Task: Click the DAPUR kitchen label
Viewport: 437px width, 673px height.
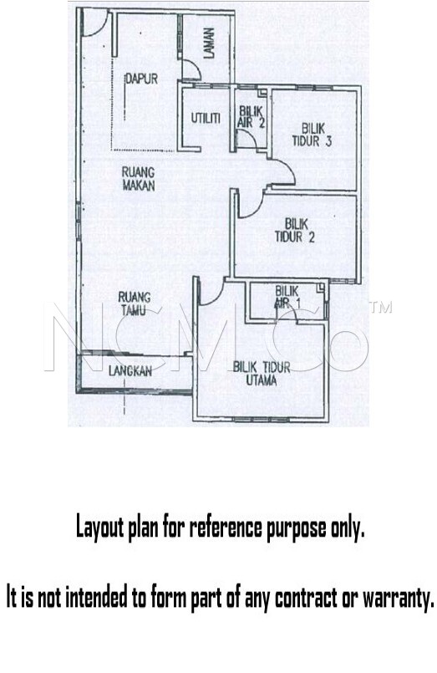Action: (x=141, y=79)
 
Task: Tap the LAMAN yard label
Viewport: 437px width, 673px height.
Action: (x=209, y=43)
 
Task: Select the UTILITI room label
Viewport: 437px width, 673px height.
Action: (x=206, y=118)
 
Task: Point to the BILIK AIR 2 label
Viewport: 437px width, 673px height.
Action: (x=251, y=118)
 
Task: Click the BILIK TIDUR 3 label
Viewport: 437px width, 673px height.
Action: (x=312, y=135)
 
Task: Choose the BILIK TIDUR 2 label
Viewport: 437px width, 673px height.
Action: (x=295, y=230)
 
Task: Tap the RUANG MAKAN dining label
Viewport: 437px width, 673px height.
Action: (x=139, y=179)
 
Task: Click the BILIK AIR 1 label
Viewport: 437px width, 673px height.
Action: (x=287, y=297)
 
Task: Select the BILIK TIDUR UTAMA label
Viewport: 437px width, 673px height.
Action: (x=262, y=374)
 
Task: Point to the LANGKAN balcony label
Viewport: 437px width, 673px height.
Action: (x=130, y=371)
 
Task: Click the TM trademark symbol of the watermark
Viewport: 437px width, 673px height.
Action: (x=381, y=308)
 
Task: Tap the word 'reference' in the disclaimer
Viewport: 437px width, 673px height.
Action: (x=225, y=528)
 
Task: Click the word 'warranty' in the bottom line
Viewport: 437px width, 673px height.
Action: (x=396, y=598)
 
